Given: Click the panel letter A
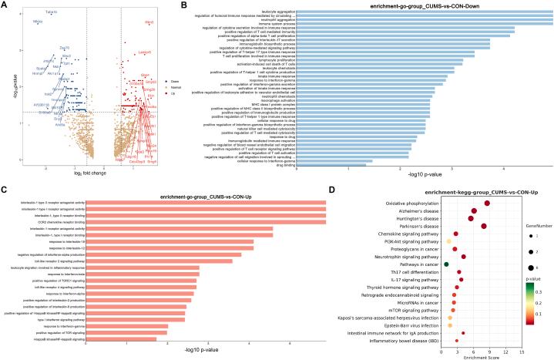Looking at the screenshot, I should tap(5, 5).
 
